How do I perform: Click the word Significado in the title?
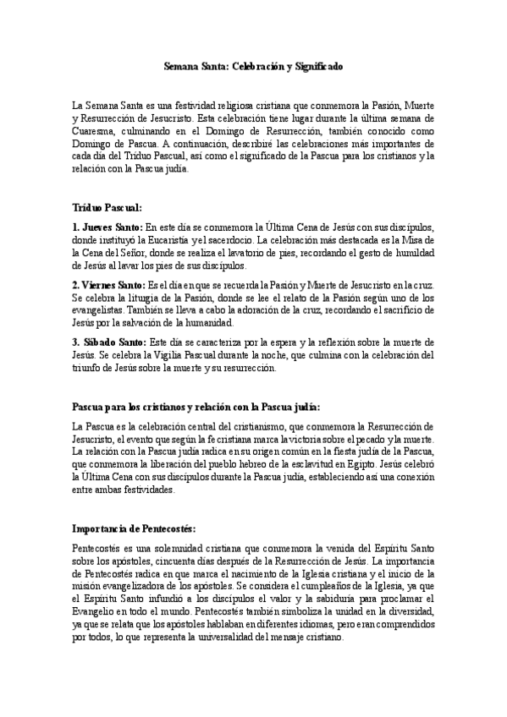tap(316, 65)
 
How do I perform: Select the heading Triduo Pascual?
tap(107, 206)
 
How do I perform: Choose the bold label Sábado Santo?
tap(113, 342)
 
